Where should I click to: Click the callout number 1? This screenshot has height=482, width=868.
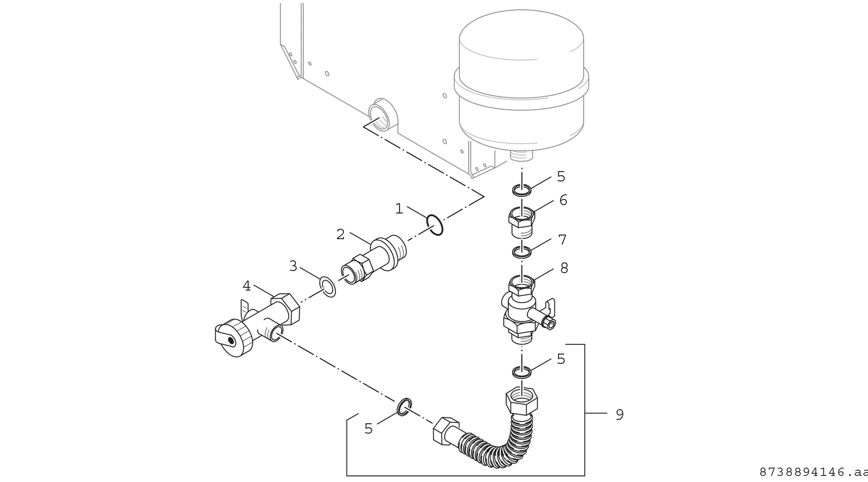(399, 209)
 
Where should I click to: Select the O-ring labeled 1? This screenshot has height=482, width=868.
(435, 224)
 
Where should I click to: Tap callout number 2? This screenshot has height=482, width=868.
(340, 234)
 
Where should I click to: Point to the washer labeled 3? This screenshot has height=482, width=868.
(327, 287)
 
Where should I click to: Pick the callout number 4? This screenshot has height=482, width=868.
(247, 286)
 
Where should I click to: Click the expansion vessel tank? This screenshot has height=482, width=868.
(521, 81)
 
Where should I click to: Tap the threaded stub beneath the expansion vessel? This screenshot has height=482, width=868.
(522, 155)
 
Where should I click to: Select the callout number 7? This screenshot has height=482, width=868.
(562, 240)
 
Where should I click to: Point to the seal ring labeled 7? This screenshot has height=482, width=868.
(521, 252)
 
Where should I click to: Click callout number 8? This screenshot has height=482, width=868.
(564, 268)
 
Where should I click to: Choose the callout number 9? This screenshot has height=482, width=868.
(619, 415)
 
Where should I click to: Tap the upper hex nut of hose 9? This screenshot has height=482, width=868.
(521, 402)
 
